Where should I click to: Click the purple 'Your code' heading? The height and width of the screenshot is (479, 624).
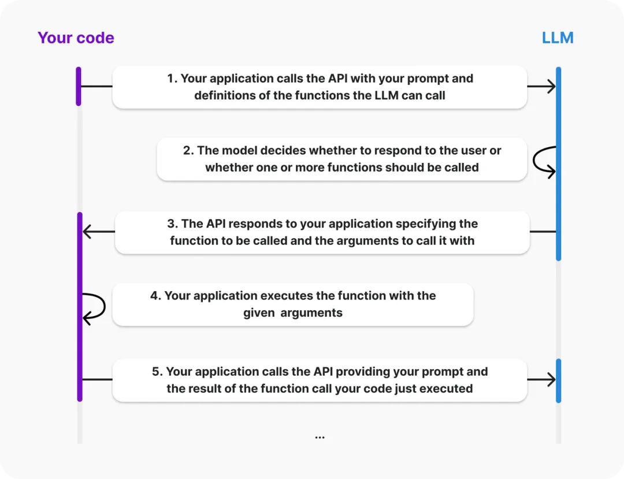76,38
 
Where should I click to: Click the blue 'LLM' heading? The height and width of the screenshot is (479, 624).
558,38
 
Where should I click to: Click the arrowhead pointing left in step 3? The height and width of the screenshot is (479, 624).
88,232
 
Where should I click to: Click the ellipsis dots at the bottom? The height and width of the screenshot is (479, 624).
320,437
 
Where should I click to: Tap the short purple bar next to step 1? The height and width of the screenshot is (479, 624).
79,86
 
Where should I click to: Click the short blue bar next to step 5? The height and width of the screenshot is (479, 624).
558,380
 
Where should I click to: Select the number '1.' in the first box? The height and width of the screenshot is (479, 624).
172,79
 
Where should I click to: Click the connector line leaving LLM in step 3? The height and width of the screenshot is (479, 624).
543,232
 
